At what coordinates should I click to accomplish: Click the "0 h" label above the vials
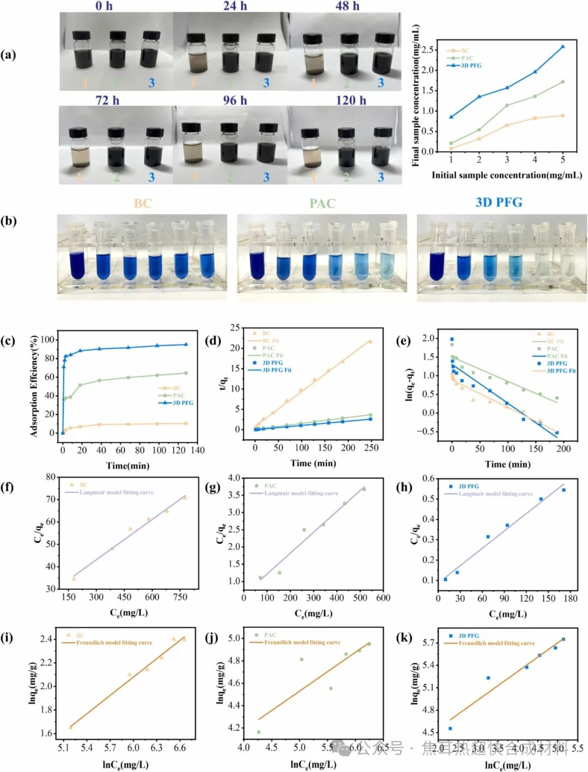click(x=104, y=6)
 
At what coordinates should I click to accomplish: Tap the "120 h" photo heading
click(x=351, y=100)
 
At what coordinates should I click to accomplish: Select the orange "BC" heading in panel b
click(x=143, y=203)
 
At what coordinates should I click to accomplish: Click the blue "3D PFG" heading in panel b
click(x=499, y=202)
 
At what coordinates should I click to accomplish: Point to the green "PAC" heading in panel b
click(x=322, y=203)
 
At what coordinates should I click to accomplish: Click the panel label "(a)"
click(x=9, y=54)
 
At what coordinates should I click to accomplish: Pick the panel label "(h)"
click(x=404, y=486)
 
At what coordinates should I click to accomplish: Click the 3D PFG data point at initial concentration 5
click(x=562, y=47)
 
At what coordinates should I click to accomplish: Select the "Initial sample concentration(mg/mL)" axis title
click(x=506, y=175)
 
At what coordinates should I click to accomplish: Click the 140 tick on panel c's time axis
click(x=198, y=450)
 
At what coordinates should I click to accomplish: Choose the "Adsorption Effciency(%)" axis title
click(x=35, y=386)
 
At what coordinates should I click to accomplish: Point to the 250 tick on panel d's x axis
click(x=371, y=448)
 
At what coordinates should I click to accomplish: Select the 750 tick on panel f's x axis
click(x=180, y=597)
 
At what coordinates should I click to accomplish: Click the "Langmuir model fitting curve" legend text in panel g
click(x=301, y=493)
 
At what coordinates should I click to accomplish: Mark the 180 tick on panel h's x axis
click(x=570, y=598)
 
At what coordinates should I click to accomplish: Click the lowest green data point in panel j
click(x=259, y=732)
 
